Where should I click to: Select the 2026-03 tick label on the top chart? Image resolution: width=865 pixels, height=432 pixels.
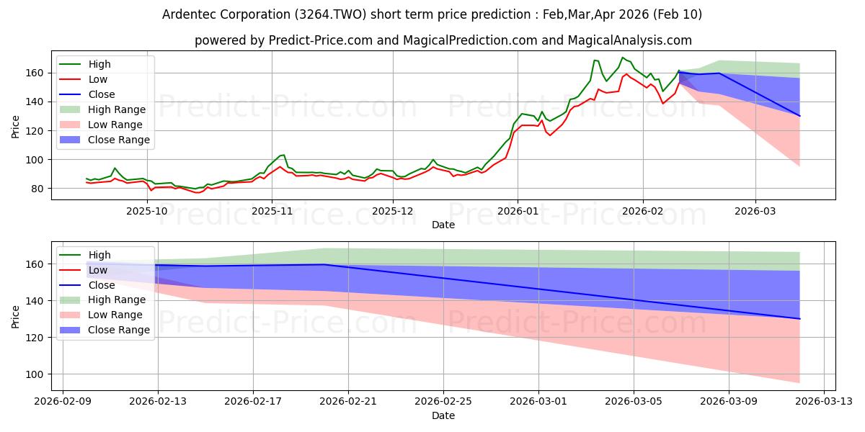[755, 210]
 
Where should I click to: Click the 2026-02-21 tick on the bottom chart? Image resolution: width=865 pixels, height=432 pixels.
[348, 402]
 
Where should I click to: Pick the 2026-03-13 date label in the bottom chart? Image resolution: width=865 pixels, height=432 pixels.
[823, 402]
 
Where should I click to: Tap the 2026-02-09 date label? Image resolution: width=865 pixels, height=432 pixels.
[63, 402]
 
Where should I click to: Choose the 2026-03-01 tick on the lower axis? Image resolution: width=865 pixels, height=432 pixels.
[538, 402]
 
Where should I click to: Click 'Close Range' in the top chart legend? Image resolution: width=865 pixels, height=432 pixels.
[120, 140]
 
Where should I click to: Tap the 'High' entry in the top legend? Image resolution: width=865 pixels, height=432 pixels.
[99, 64]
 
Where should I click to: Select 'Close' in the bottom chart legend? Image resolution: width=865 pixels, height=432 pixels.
[102, 284]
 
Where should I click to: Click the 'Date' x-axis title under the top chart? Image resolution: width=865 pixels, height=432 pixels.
[443, 225]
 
